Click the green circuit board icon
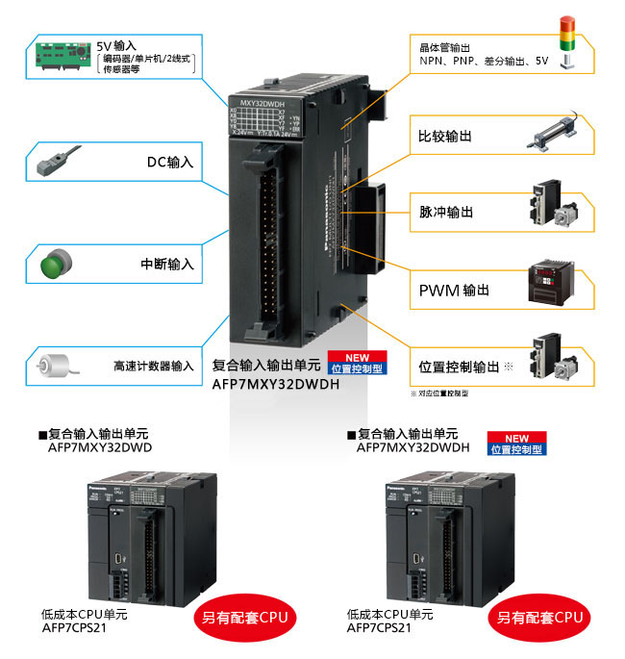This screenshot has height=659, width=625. [x=62, y=56]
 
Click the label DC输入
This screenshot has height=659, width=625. [x=169, y=163]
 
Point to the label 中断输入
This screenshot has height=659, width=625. [x=166, y=263]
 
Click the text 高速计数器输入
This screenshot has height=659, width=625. [x=153, y=367]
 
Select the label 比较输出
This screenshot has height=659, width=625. [x=446, y=137]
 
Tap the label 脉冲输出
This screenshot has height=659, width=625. [x=446, y=212]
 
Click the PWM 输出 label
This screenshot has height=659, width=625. [x=453, y=290]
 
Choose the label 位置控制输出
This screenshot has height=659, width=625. [x=459, y=367]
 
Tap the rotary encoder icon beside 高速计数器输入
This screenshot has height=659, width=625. [x=56, y=367]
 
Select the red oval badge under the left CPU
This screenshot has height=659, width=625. [x=246, y=617]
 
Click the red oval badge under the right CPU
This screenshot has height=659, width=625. [x=539, y=617]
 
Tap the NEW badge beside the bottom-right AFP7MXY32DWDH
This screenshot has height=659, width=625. [x=516, y=444]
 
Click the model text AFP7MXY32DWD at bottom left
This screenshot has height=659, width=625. [x=100, y=447]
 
